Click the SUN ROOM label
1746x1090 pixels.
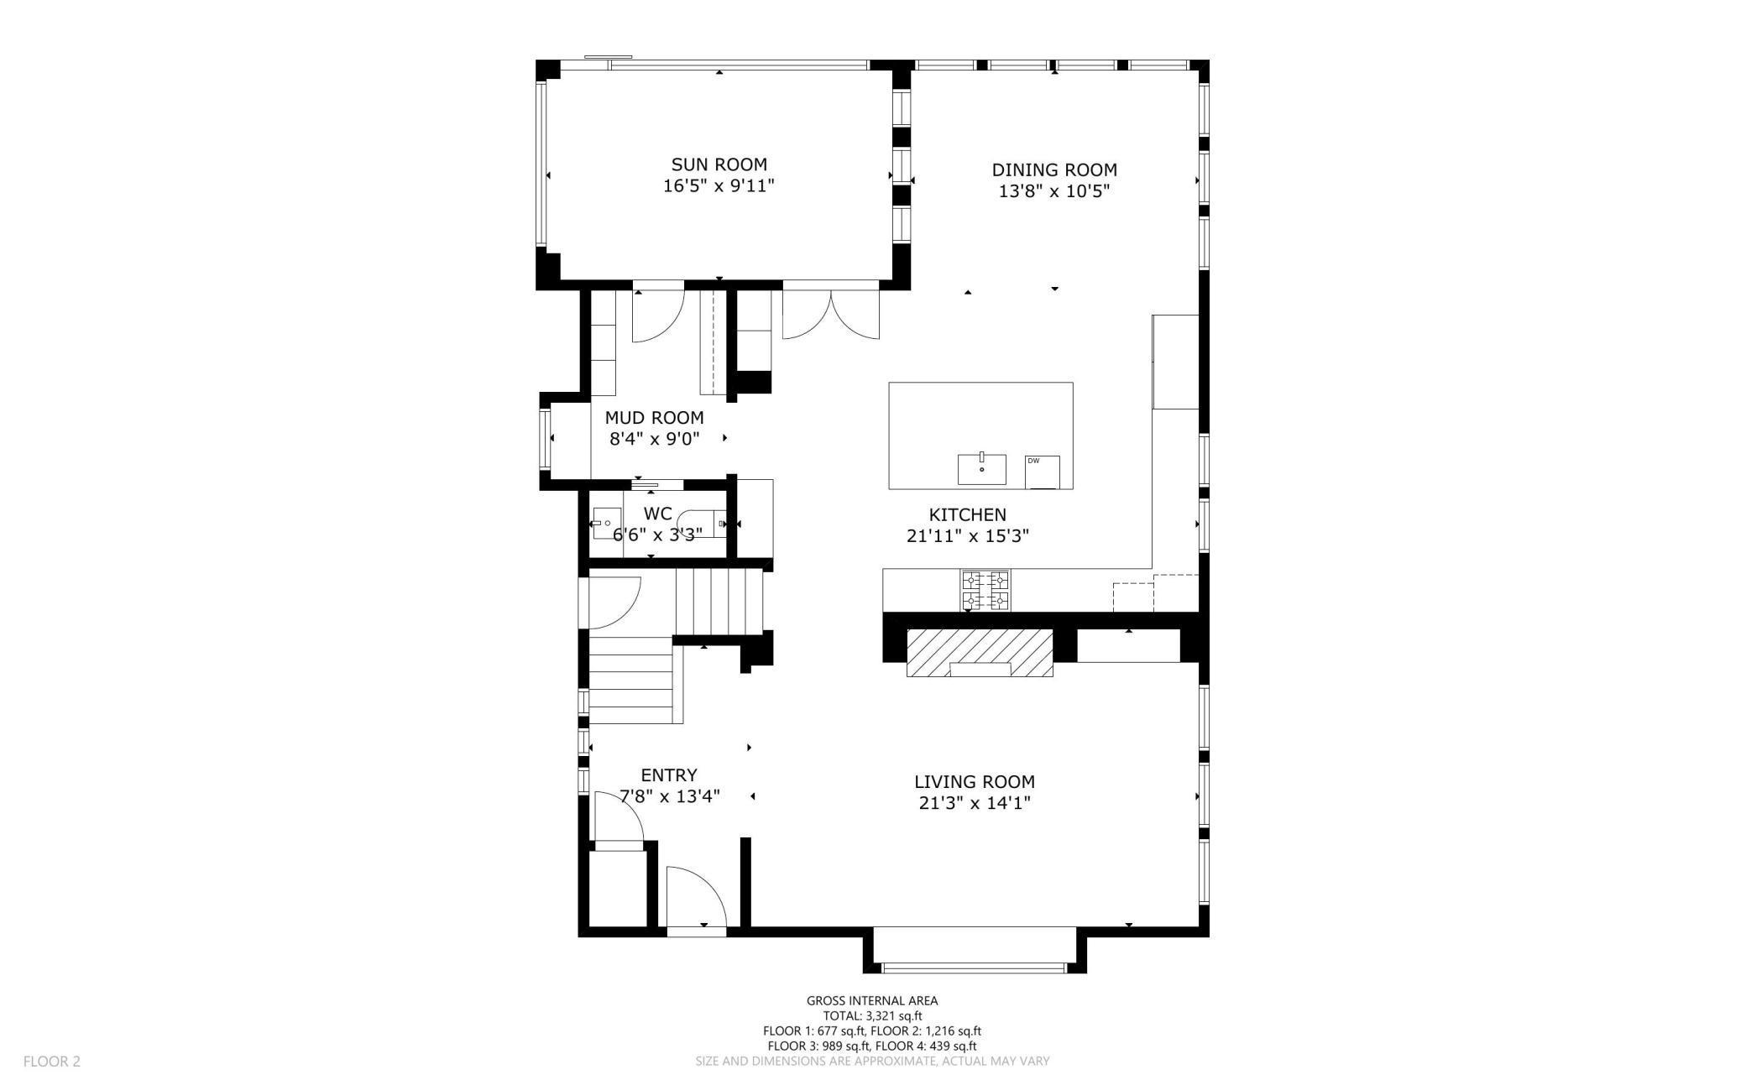[719, 164]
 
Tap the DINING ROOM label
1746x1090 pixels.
[1054, 169]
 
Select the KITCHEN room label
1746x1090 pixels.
[967, 514]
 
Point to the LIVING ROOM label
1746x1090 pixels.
[974, 781]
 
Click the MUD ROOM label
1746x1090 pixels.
[654, 417]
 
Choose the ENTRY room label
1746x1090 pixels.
[669, 775]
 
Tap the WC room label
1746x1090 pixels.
[657, 514]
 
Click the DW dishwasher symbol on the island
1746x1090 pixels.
[1043, 472]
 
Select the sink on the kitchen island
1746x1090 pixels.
[982, 468]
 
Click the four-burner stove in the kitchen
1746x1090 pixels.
[985, 591]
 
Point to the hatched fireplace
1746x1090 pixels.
[980, 652]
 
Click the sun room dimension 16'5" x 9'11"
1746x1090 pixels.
[719, 185]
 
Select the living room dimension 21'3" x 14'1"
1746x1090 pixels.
[974, 803]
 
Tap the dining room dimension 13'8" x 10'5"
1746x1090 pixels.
[1054, 191]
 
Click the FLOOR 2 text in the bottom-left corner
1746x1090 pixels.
[52, 1061]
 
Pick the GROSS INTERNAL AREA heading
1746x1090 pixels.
[872, 1000]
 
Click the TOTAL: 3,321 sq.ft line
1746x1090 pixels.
[872, 1015]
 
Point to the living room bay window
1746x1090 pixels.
[975, 967]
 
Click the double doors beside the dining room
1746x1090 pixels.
[831, 315]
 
